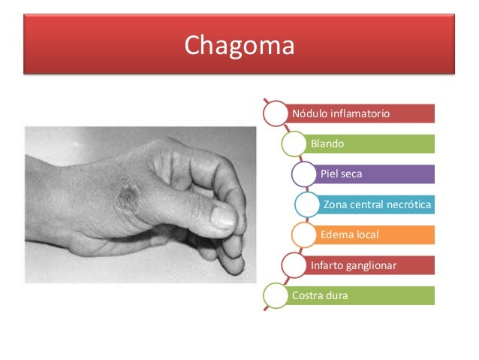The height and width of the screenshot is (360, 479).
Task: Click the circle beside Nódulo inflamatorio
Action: pyautogui.click(x=276, y=113)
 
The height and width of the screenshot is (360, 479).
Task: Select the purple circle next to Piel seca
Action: pyautogui.click(x=306, y=174)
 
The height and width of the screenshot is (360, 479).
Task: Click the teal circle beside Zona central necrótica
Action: pyautogui.click(x=309, y=204)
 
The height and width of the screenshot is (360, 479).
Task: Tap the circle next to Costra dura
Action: pyautogui.click(x=276, y=295)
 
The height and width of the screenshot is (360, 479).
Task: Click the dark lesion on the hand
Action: pyautogui.click(x=129, y=197)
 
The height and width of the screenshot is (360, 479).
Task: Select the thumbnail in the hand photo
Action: pyautogui.click(x=223, y=218)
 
